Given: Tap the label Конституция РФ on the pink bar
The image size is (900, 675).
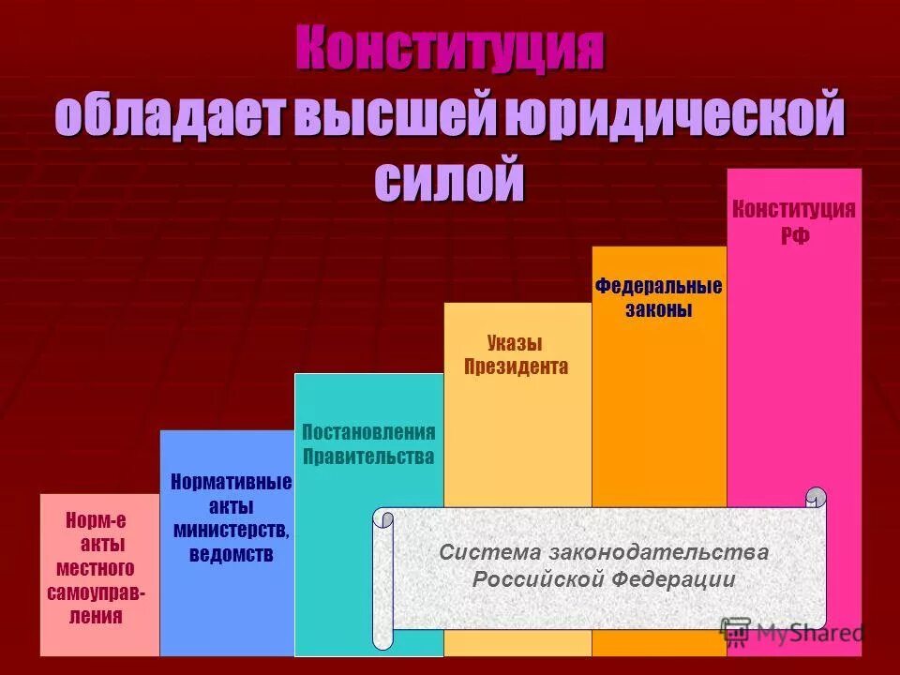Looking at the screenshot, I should coord(793,221).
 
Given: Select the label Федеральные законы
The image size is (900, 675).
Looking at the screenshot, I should coord(658,297).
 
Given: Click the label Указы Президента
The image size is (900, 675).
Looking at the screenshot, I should coord(516,354).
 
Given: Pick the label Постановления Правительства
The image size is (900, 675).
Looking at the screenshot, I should coord(368,444).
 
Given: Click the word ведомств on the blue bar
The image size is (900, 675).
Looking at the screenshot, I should coord(232,554).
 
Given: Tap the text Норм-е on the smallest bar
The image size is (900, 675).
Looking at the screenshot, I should coord(96,520).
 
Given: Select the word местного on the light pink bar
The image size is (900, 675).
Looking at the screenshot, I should coord(96,569).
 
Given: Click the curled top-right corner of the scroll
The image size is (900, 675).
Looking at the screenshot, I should coord(816,498).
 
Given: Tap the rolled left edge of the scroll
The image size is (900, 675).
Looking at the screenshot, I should coord(382,579).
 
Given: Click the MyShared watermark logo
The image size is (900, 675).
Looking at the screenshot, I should coord(792,632).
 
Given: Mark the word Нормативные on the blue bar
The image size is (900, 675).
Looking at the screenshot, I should coord(232,483).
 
